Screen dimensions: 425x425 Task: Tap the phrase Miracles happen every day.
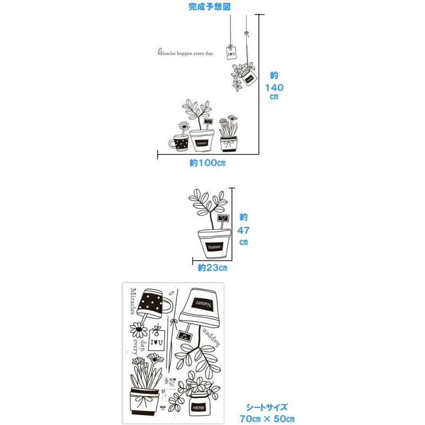coord(186,53)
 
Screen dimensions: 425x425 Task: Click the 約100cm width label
coord(208,163)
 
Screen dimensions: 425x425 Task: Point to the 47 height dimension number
coord(243,230)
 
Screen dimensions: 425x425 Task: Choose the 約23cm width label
coord(212,268)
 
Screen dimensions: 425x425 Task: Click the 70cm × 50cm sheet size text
coord(267,418)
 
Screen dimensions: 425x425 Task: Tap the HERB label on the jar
coord(198,407)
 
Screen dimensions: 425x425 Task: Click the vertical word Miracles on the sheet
coord(133,301)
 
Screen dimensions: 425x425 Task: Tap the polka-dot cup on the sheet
coord(152,302)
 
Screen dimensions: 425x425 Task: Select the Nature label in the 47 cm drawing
coord(214,246)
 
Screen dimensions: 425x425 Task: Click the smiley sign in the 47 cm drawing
coord(222,218)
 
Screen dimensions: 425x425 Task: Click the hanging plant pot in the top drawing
coord(249,78)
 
